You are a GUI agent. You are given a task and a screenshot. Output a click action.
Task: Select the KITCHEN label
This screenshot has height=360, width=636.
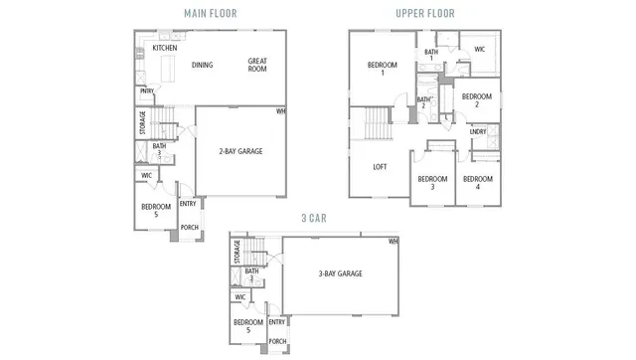pyautogui.click(x=165, y=47)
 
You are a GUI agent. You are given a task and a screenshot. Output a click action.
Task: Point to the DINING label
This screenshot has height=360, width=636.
pyautogui.click(x=203, y=66)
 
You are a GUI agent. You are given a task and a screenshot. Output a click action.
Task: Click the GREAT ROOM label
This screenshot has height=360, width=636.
pyautogui.click(x=257, y=66)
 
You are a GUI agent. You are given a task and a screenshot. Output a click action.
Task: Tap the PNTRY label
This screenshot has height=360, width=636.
pyautogui.click(x=146, y=91)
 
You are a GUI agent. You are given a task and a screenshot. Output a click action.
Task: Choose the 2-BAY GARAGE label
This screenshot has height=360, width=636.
pyautogui.click(x=240, y=151)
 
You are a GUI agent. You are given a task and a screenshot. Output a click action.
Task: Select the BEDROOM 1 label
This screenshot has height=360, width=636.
pyautogui.click(x=382, y=69)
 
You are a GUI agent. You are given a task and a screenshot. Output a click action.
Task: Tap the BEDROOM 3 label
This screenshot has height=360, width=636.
pyautogui.click(x=432, y=182)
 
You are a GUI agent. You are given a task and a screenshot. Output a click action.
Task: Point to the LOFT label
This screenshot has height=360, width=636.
pyautogui.click(x=380, y=166)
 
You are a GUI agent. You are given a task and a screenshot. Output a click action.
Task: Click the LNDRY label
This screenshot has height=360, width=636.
pyautogui.click(x=477, y=131)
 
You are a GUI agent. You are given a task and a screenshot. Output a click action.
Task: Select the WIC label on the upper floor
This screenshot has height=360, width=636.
pyautogui.click(x=479, y=49)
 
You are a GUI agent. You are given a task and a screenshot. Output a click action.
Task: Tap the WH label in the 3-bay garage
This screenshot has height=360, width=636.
pyautogui.click(x=393, y=241)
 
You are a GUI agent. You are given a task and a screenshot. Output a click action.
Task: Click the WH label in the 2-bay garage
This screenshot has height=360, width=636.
pyautogui.click(x=281, y=111)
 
